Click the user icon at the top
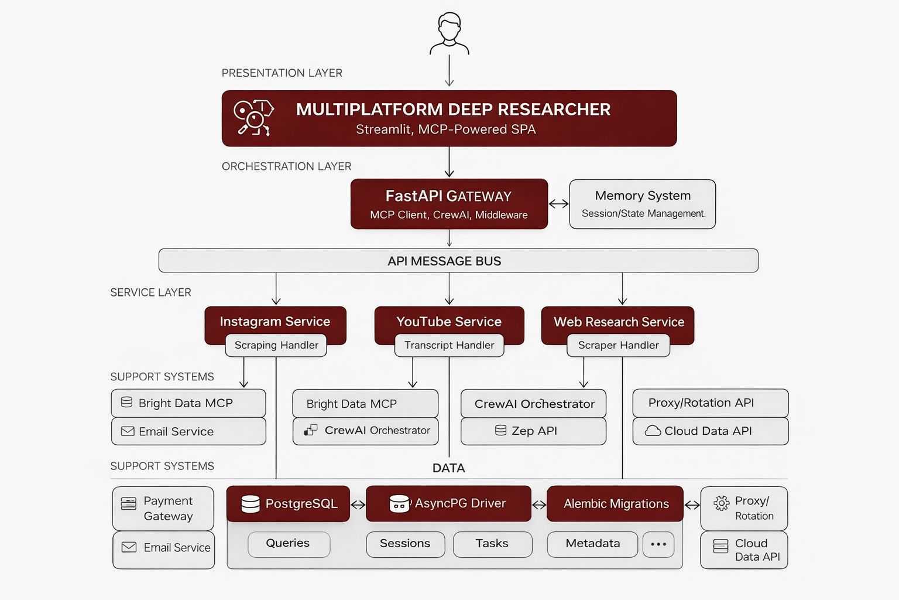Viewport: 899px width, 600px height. click(x=449, y=34)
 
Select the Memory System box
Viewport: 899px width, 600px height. click(x=642, y=204)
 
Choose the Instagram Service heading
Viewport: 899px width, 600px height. click(x=275, y=321)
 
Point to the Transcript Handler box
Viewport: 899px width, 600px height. click(x=449, y=345)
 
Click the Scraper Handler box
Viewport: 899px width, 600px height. click(x=618, y=345)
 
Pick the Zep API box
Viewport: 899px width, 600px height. click(x=533, y=431)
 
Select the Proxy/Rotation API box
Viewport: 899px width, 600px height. click(x=710, y=403)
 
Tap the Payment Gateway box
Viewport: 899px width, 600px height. click(x=163, y=508)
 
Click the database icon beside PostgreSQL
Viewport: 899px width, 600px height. click(x=251, y=504)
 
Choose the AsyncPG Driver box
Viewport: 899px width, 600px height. click(x=448, y=503)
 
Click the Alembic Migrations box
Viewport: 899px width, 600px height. click(x=615, y=503)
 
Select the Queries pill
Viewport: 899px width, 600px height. click(x=289, y=543)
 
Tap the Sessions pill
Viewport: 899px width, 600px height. click(x=405, y=543)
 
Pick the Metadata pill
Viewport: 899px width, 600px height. click(x=592, y=543)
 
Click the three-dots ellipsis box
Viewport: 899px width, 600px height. click(x=658, y=544)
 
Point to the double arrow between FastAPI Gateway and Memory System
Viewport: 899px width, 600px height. click(x=559, y=203)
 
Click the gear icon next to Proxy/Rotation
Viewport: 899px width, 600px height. click(x=721, y=503)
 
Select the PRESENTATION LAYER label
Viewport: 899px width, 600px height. click(x=282, y=73)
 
